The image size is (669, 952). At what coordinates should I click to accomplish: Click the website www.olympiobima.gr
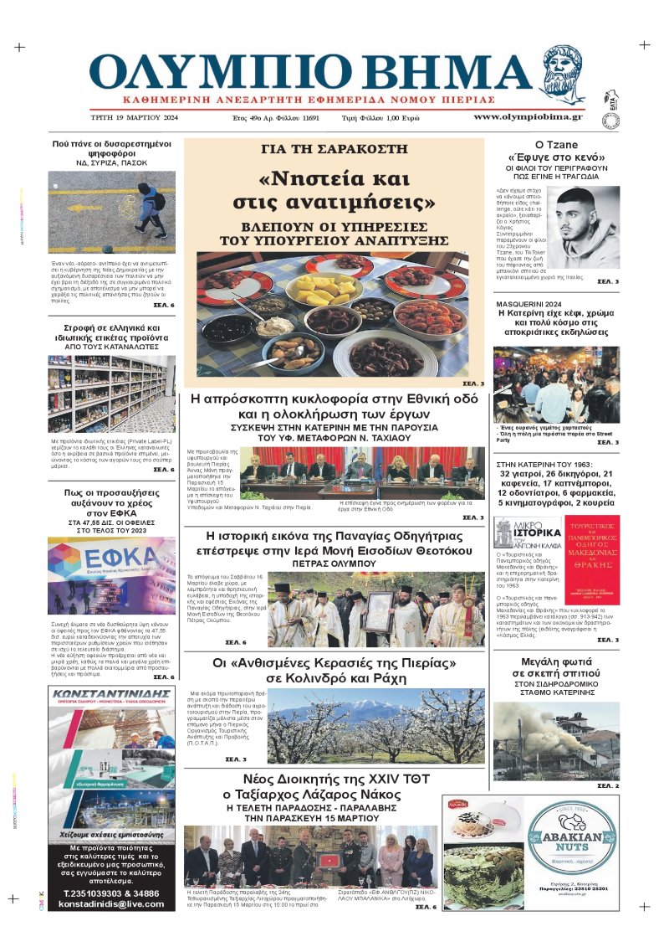pos(528,116)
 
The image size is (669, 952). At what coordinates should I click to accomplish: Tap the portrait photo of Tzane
pos(585,226)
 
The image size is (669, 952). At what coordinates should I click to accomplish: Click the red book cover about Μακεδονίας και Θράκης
pos(587,560)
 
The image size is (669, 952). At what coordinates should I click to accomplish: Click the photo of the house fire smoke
pos(557,745)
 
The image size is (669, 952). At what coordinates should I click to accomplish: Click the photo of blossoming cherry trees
pos(375,725)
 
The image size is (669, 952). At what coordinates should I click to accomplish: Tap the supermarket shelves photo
pos(111,394)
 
